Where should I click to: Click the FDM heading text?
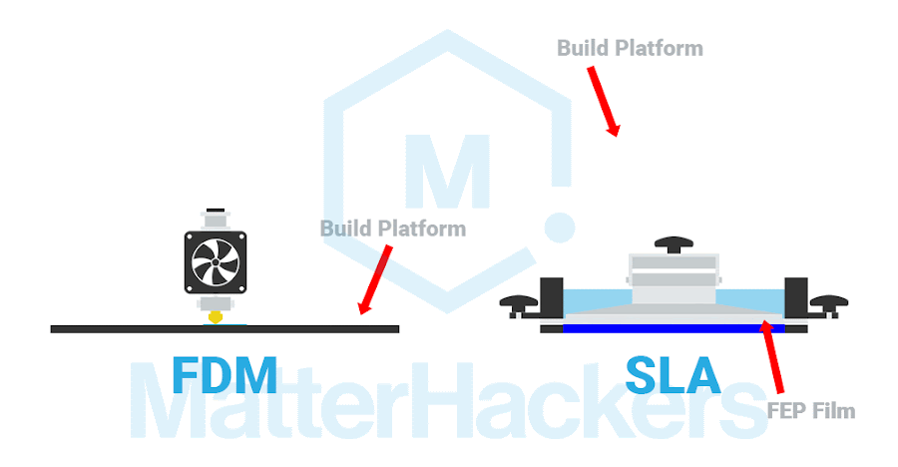pyautogui.click(x=224, y=374)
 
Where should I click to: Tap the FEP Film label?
pyautogui.click(x=811, y=410)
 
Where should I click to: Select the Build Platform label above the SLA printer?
pyautogui.click(x=630, y=48)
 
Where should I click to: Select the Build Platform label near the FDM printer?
pyautogui.click(x=392, y=229)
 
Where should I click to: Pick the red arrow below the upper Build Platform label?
pyautogui.click(x=604, y=102)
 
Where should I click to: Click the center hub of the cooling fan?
pyautogui.click(x=215, y=261)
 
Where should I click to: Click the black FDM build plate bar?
pyautogui.click(x=120, y=328)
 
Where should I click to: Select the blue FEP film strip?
pyautogui.click(x=673, y=327)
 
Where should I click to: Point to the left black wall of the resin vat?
pyautogui.click(x=551, y=297)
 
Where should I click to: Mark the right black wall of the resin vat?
pyautogui.click(x=796, y=297)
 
